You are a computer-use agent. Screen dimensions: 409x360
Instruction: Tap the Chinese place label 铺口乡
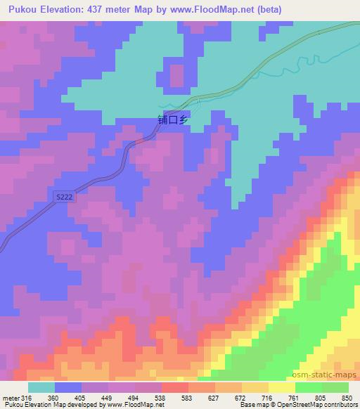tap(173, 120)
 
